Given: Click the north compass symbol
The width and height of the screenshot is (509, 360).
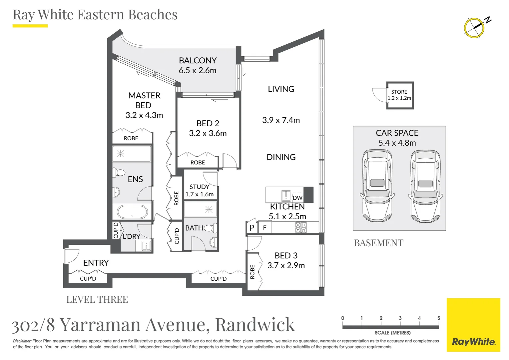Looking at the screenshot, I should point(474,27).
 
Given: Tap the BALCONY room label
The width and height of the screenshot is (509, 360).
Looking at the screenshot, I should point(198,60).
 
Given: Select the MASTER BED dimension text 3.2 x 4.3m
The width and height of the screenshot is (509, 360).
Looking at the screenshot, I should point(144,115).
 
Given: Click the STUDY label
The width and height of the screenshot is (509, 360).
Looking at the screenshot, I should point(199,187).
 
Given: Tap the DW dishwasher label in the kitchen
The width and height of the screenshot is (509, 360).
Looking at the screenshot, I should point(297,198).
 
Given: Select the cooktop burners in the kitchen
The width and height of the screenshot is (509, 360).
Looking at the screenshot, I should point(301,227).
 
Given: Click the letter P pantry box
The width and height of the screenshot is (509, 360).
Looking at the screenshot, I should point(252,228).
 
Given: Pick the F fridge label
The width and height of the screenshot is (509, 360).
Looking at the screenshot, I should point(265,228).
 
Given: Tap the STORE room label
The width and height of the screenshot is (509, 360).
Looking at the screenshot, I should point(399,92).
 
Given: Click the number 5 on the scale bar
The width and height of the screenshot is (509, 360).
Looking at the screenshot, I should point(438,318).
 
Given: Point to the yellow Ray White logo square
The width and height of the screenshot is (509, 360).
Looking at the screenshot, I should point(473,325).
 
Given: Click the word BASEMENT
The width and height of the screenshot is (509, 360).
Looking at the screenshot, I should point(378,243).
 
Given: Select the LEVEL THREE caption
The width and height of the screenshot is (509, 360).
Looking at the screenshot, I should point(97,300).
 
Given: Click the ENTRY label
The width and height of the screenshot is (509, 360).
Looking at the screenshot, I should point(96,263).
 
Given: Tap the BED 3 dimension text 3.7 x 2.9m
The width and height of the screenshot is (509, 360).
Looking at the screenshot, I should point(286,266).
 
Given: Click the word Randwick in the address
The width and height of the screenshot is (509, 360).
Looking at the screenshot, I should point(255,325).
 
